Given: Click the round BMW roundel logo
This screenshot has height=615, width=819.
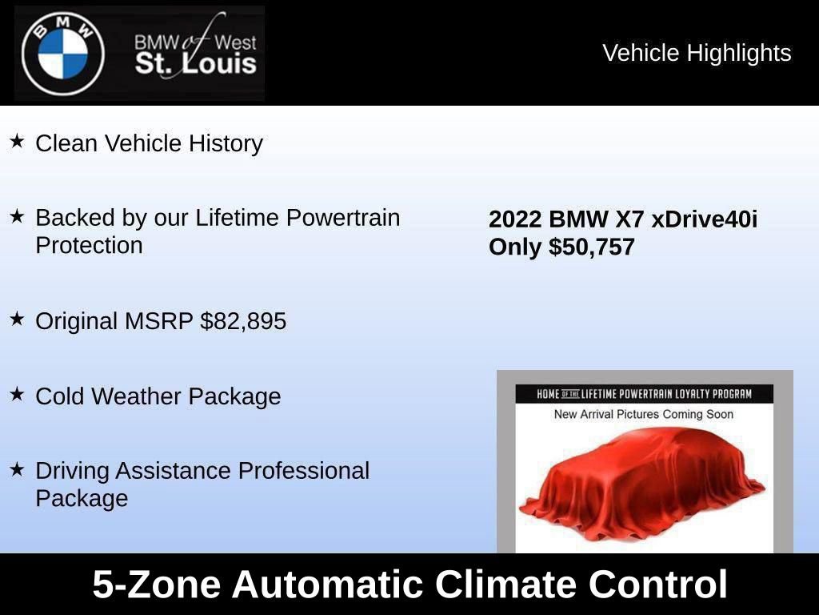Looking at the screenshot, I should click(x=63, y=54).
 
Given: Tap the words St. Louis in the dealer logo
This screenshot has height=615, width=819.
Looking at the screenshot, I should click(x=195, y=64).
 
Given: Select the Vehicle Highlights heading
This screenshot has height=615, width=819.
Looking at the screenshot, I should click(x=697, y=53).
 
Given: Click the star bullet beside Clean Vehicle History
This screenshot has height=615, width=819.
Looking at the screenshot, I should click(x=17, y=142).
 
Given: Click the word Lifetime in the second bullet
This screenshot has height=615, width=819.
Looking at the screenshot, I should click(x=239, y=218).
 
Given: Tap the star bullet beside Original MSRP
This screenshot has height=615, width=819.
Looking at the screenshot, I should click(x=17, y=319).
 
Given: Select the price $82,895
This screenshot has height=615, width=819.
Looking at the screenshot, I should click(x=243, y=321).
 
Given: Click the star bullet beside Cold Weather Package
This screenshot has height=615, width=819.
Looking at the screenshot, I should click(x=17, y=394).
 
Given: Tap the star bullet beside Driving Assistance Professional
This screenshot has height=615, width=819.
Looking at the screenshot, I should click(x=17, y=469).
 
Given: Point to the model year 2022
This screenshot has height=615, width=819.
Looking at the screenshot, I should click(x=515, y=219).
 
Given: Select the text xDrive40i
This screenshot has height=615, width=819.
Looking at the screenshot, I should click(x=704, y=219).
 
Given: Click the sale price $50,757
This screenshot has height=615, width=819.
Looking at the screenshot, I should click(x=592, y=247).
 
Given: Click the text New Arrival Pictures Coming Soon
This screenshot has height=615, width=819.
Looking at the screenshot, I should click(x=644, y=414).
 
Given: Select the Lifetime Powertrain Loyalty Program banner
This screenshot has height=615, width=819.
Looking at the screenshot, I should click(x=644, y=394).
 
